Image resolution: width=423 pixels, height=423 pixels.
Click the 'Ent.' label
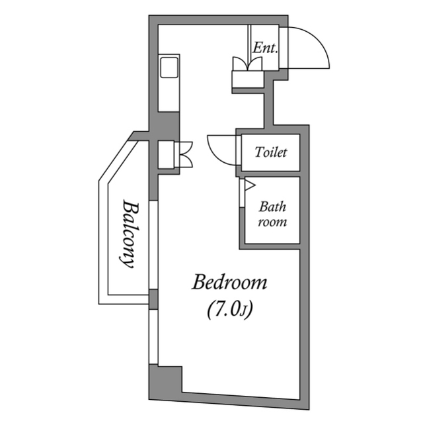tap(266, 48)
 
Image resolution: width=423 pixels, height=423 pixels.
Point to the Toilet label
tap(271, 153)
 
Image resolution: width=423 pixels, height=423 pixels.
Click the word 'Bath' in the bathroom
tap(272, 207)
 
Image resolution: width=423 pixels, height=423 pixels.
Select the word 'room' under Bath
tap(272, 222)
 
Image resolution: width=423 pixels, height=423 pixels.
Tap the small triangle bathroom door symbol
tap(249, 186)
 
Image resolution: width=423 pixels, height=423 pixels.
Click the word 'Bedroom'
tap(229, 283)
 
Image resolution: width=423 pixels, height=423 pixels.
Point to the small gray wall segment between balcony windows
tap(153, 299)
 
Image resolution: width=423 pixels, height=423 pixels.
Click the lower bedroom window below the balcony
tap(153, 338)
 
